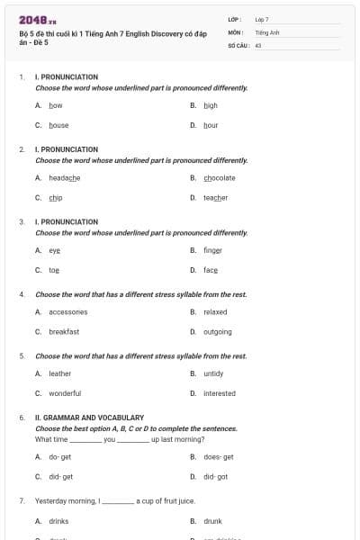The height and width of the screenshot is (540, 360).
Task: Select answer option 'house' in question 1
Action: pos(58,125)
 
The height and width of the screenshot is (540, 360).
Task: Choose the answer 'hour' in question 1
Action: pos(211,125)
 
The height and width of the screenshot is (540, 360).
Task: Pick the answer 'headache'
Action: pos(65,178)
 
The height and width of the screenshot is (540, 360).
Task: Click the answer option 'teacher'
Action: pos(215,198)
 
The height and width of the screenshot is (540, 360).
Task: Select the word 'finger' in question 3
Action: pos(212,250)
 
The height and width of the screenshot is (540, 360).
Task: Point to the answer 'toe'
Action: pos(54,270)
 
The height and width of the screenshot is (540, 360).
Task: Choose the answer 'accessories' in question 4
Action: pos(68,312)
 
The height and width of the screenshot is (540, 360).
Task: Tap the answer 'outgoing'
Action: pos(217,332)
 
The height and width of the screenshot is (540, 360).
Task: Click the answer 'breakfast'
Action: pos(64,332)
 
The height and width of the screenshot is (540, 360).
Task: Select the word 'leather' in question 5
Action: pos(59,373)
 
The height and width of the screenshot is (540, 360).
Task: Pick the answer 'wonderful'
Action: pos(65,393)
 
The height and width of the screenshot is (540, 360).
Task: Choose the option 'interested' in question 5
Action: pos(220,393)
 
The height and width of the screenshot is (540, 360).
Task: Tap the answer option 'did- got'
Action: pos(215,477)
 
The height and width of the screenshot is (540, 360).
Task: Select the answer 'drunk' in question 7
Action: pos(212,521)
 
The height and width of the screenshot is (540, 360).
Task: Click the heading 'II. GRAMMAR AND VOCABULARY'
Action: pos(89,418)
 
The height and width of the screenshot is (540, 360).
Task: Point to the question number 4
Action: pos(22,294)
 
